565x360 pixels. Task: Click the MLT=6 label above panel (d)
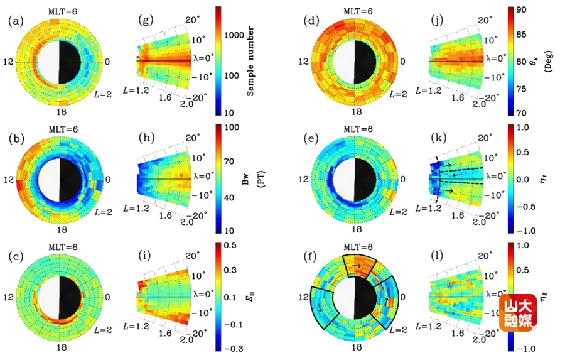pyautogui.click(x=355, y=11)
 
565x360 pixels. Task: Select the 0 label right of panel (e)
pyautogui.click(x=405, y=178)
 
